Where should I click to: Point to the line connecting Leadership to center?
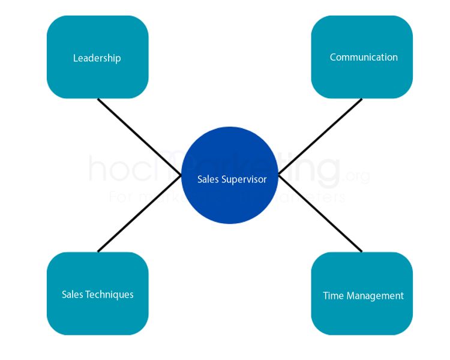pyautogui.click(x=139, y=137)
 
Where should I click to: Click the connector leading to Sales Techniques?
pyautogui.click(x=139, y=213)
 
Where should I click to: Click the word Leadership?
pyautogui.click(x=97, y=58)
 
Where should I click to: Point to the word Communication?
pyautogui.click(x=364, y=58)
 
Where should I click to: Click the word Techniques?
pyautogui.click(x=109, y=295)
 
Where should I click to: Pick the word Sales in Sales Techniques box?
pyautogui.click(x=72, y=295)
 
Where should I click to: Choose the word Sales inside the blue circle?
pyautogui.click(x=208, y=179)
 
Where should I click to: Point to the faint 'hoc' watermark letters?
pyautogui.click(x=123, y=170)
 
